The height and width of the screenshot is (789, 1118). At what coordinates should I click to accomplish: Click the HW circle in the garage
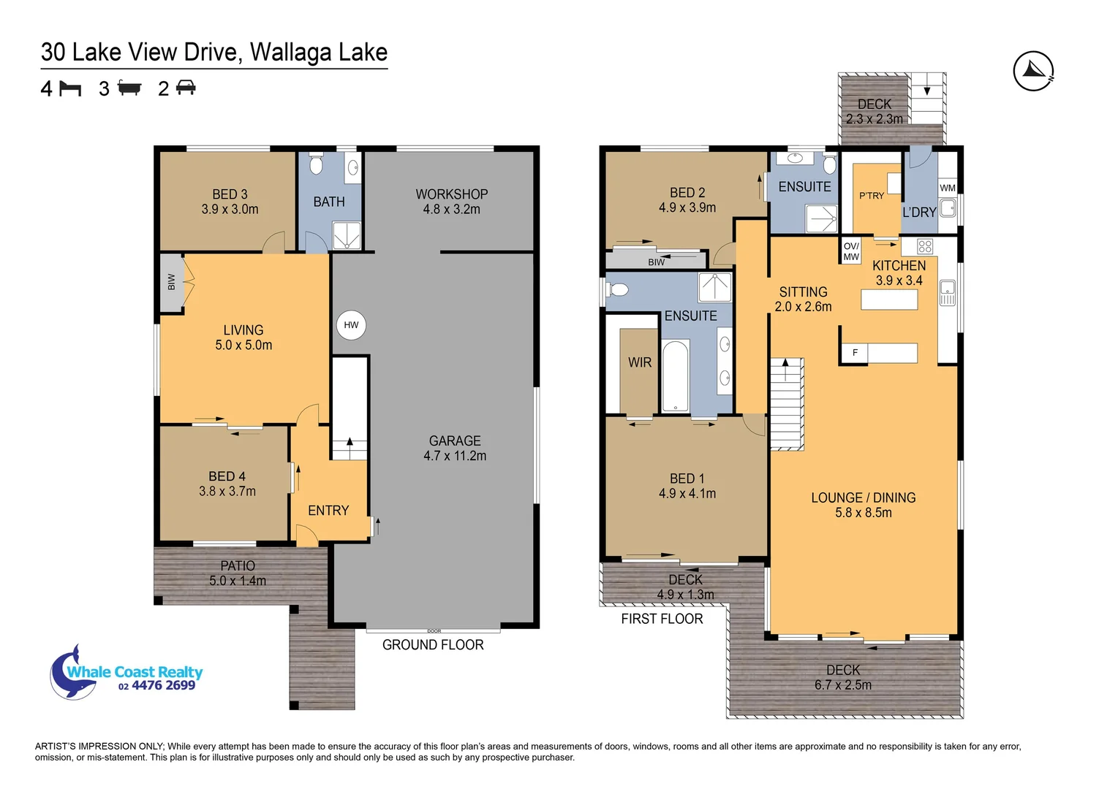pos(351,325)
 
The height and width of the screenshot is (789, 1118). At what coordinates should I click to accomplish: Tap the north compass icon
pos(1033,72)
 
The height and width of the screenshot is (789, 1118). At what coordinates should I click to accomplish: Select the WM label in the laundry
pos(948,188)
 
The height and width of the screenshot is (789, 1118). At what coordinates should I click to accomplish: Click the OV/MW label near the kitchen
pos(851,251)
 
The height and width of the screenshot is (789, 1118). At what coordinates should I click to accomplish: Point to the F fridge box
pos(855,353)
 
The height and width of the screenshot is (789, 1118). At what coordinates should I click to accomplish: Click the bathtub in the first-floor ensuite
pos(676,376)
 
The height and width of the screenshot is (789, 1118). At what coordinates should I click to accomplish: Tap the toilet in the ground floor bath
pos(316,163)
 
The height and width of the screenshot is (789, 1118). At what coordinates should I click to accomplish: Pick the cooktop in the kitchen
pos(925,246)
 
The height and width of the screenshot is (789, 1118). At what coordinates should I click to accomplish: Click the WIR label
pos(639,362)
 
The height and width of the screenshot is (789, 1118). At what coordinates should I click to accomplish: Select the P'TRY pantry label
pos(871,196)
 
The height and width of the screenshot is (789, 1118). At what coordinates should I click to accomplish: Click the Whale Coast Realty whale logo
pos(74,673)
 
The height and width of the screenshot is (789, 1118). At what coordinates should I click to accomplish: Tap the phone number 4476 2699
pos(163,685)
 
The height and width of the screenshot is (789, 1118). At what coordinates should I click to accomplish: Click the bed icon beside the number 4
pos(70,89)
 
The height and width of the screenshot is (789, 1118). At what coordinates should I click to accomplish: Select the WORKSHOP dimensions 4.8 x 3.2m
pos(451,209)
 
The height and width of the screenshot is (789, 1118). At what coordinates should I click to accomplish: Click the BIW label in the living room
pos(171,282)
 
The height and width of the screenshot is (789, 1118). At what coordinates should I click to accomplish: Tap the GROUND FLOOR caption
pos(433,645)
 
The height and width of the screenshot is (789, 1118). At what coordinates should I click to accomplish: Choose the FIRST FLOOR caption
pos(662,619)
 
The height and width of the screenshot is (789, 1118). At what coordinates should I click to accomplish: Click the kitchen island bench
pos(889,300)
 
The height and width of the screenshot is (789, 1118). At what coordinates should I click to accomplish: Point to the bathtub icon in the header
pos(129,88)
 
